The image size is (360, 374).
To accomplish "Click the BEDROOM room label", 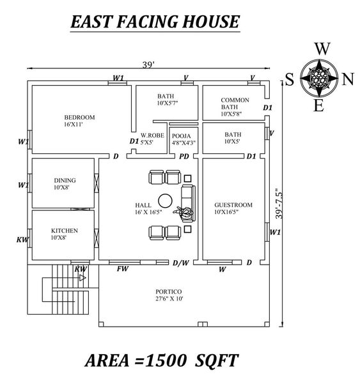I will [x=79, y=117].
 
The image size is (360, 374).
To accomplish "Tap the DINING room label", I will [x=64, y=180].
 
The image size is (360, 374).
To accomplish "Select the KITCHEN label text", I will [x=65, y=230].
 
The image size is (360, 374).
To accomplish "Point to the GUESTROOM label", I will [x=233, y=205].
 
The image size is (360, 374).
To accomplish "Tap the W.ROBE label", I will [x=152, y=136].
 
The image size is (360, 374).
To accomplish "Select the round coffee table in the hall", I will [x=165, y=198].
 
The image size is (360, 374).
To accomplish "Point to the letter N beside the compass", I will [x=348, y=79].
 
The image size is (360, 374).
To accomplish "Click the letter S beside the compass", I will [x=289, y=79].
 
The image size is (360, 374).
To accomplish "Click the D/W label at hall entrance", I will [x=180, y=262].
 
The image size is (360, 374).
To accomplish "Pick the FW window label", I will [x=123, y=269].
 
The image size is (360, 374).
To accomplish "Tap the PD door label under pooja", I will [x=184, y=156].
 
